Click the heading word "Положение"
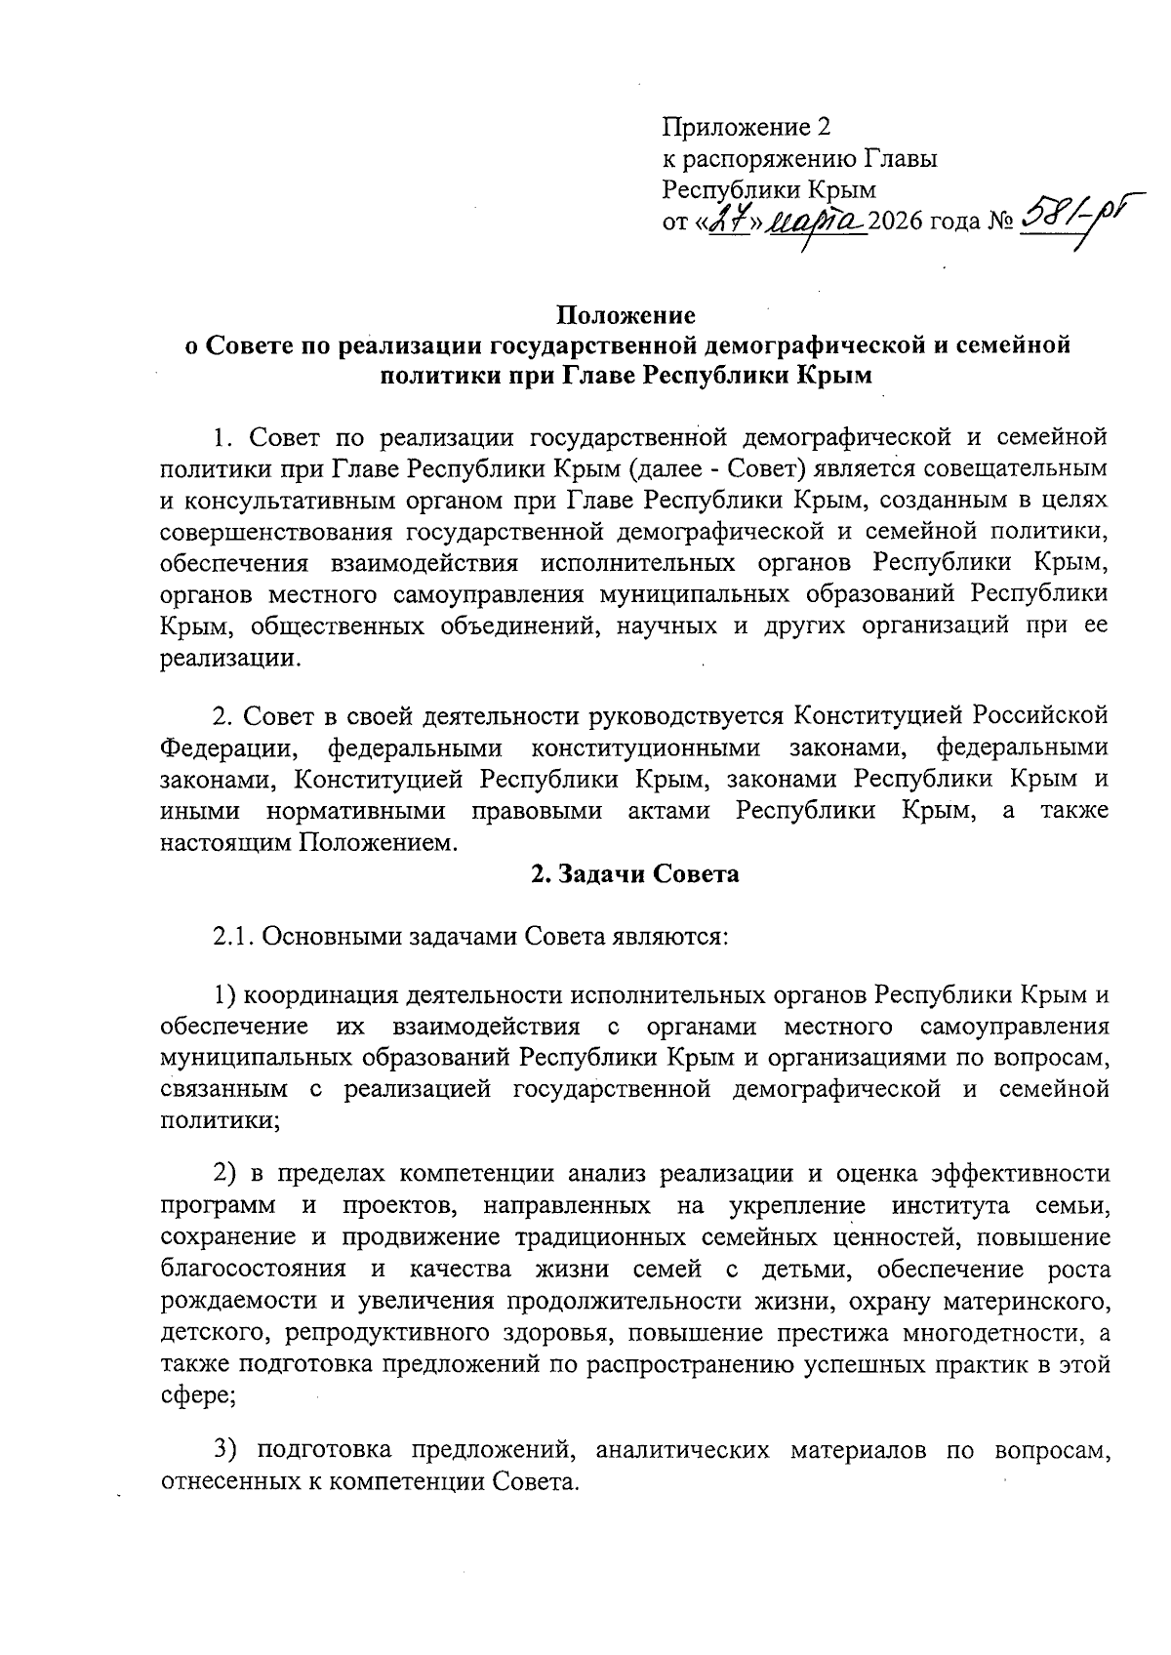coord(626,316)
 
